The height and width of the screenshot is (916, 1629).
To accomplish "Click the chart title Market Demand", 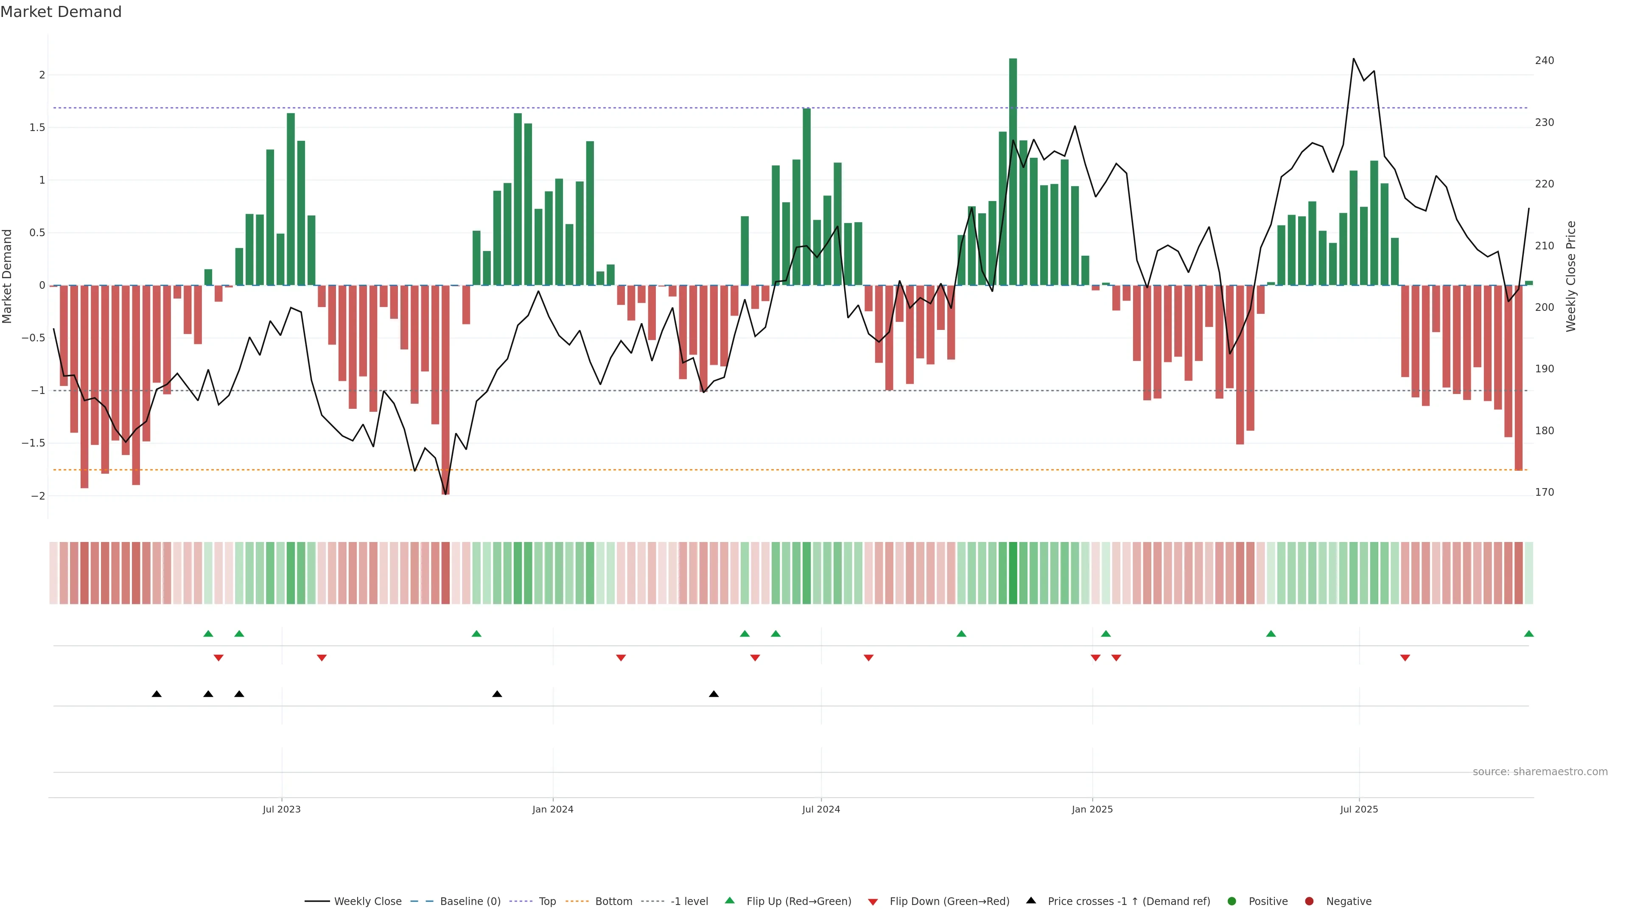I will point(61,12).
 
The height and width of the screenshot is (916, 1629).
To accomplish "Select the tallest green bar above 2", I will point(1013,170).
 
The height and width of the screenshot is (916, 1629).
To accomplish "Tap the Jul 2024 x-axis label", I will point(821,809).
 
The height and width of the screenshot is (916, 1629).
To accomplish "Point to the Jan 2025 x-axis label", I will point(1092,809).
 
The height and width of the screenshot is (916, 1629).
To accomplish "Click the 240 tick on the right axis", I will point(1544,61).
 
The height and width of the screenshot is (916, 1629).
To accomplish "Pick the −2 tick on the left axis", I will point(38,496).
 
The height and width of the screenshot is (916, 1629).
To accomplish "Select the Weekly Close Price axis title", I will point(1571,276).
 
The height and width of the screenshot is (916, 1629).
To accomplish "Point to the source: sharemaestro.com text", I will point(1540,772).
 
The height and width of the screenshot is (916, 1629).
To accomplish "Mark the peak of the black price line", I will point(1353,59).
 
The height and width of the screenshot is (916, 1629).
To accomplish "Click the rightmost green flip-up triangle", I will point(1528,634).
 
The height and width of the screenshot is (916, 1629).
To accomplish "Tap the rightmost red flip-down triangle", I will point(1405,658).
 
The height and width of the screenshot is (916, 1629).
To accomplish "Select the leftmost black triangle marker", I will point(157,694).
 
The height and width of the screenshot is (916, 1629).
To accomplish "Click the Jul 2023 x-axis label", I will point(281,809).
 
